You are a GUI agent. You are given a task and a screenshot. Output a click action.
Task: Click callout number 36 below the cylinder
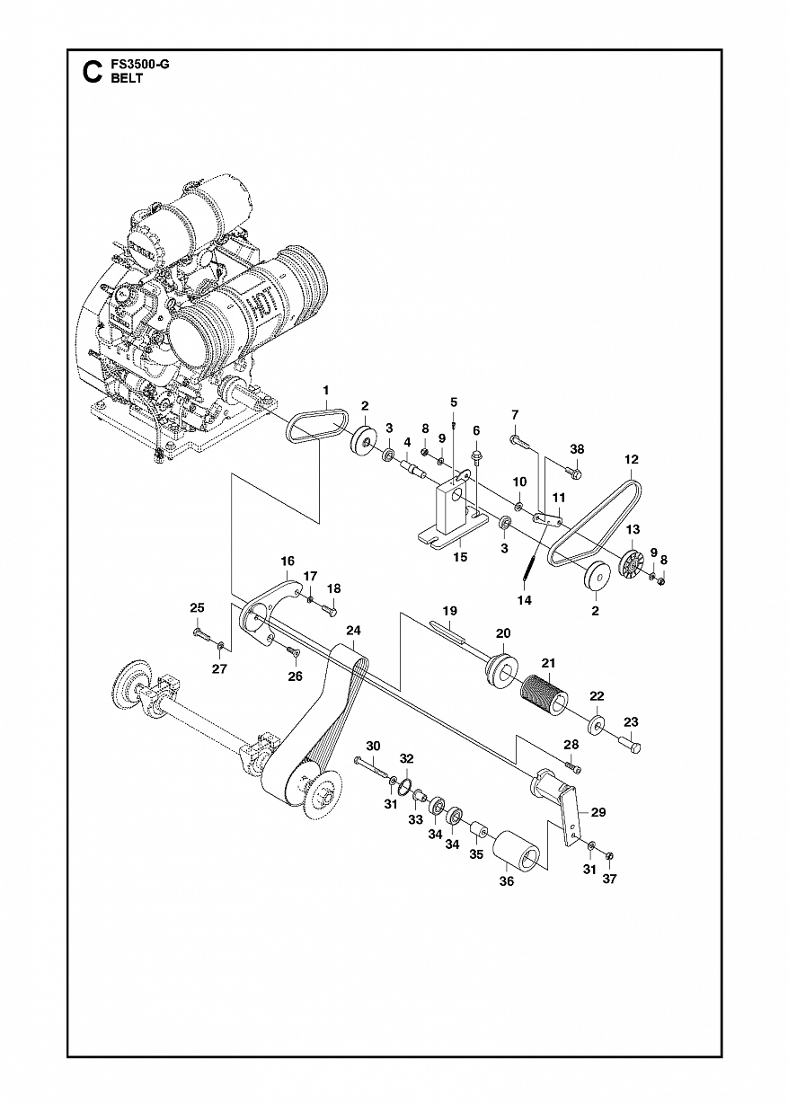(507, 882)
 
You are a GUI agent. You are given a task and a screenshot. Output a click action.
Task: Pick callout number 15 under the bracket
(459, 557)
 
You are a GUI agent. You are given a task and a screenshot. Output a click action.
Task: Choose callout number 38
(577, 449)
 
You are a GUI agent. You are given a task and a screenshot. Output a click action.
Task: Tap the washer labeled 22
(595, 723)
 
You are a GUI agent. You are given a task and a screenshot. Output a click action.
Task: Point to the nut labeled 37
(609, 853)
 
